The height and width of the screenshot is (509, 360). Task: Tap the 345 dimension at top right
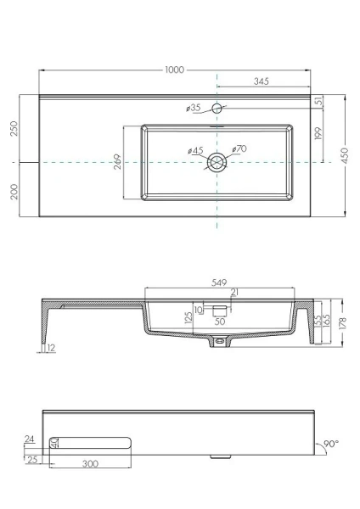[262, 81]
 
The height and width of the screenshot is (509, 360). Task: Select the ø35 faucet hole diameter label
[192, 108]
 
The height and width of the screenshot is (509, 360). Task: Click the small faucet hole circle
[218, 108]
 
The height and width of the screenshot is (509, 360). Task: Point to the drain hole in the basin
[218, 161]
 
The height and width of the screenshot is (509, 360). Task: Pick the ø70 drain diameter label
[239, 150]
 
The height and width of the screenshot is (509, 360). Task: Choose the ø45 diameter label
[195, 152]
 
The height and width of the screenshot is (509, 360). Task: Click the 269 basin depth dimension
[117, 161]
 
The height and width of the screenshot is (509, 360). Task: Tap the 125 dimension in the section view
[188, 317]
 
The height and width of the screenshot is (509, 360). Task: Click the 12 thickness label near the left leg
[52, 348]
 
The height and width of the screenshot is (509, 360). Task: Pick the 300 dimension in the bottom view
[89, 465]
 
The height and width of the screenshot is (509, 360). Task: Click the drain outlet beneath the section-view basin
[221, 342]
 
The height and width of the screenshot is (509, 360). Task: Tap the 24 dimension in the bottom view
[31, 439]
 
